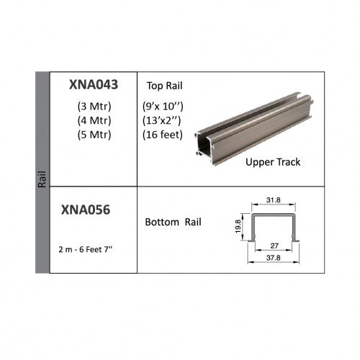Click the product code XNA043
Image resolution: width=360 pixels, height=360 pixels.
tap(94, 84)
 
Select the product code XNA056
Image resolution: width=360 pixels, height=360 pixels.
tap(86, 210)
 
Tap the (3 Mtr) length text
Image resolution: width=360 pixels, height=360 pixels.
tap(94, 107)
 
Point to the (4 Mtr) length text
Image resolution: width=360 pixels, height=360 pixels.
tap(94, 120)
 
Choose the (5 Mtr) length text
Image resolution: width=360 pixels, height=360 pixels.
tap(94, 135)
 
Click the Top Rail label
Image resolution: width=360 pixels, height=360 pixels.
tap(165, 86)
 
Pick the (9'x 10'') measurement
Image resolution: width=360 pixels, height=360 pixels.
tap(163, 107)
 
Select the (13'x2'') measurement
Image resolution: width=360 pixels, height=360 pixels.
tap(161, 120)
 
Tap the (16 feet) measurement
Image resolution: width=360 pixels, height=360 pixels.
tap(163, 135)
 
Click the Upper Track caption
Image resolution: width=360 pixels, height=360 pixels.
tap(273, 162)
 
